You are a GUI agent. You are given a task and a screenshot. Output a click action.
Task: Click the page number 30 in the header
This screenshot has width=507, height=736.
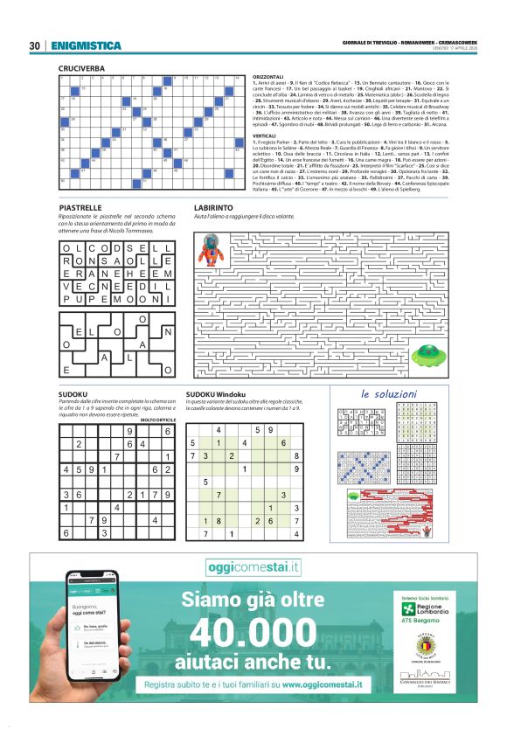[36, 45]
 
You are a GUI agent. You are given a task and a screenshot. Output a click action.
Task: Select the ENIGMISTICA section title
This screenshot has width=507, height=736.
[86, 45]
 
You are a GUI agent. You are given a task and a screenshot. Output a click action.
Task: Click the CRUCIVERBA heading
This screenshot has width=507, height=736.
[82, 67]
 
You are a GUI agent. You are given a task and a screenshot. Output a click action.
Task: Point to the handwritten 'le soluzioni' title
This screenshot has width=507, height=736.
[389, 393]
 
